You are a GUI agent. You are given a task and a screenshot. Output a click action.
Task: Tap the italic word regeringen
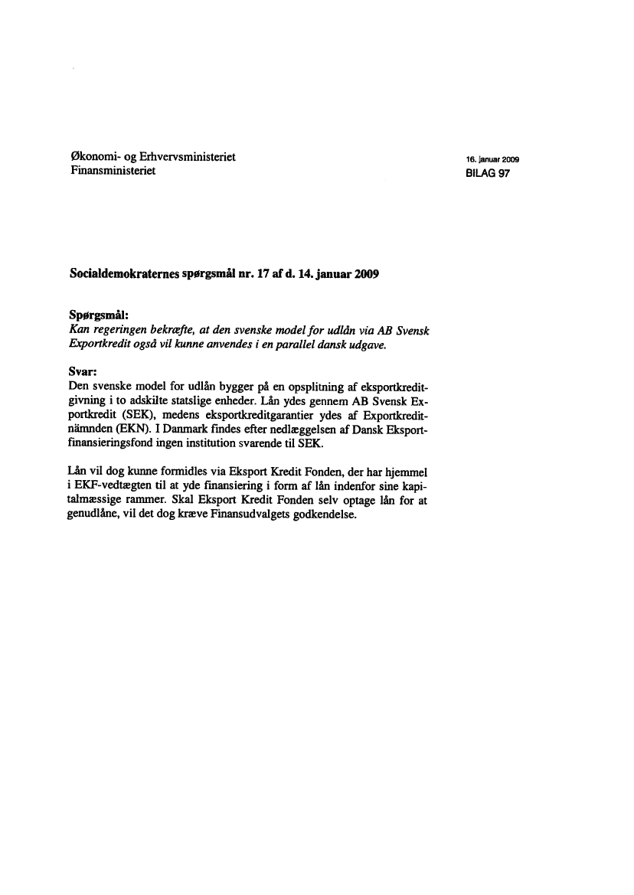point(122,328)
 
